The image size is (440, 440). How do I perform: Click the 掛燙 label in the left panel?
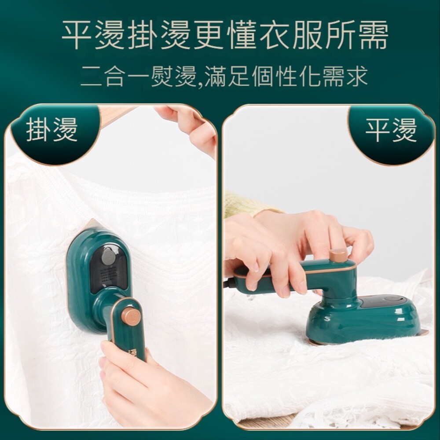pos(52,130)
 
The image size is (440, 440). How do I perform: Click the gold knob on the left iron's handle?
pos(131,315)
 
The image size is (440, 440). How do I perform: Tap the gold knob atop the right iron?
pos(338,255)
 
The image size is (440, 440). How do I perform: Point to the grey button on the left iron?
pos(109,257)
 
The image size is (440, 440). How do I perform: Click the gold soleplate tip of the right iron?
pos(423,332)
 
